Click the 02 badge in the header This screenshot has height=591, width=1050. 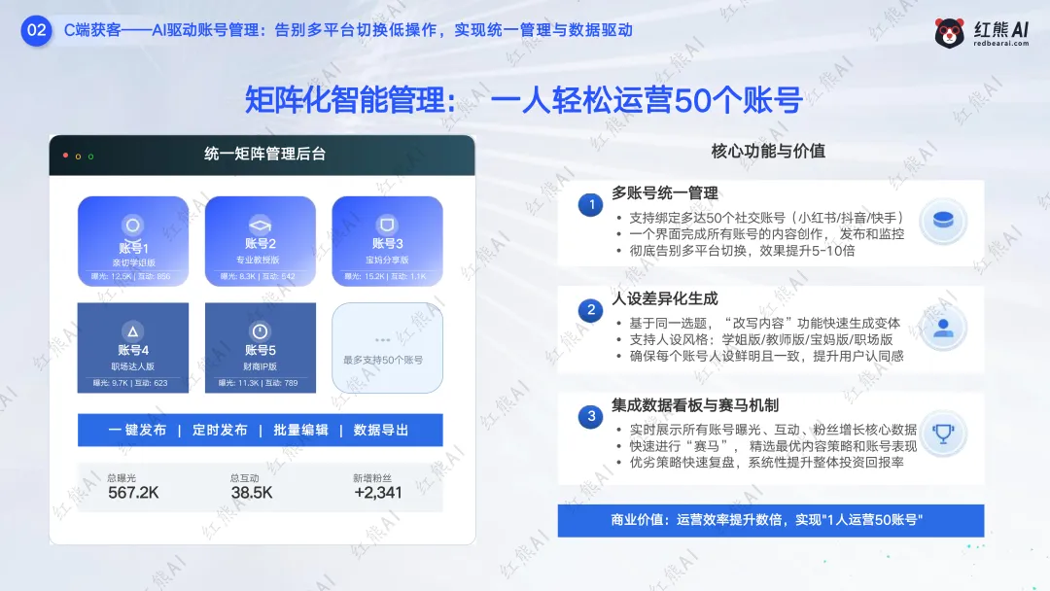pos(36,30)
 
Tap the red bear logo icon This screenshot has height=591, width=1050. pos(949,33)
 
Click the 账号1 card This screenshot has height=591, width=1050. pos(133,241)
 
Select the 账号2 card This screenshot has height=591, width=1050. pos(260,241)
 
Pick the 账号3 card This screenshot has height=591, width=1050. pos(387,241)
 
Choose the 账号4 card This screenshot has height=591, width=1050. pos(133,348)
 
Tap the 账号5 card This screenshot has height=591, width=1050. pos(260,348)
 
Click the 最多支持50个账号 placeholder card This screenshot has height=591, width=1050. pos(387,348)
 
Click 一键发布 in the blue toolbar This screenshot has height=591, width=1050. pos(137,430)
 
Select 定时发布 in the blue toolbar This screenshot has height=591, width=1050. pos(219,430)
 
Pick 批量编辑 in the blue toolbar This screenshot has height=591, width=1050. pos(300,430)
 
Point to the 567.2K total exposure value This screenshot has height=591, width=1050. pos(133,493)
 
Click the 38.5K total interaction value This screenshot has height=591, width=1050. pos(251,493)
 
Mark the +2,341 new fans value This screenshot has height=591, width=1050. pos(377,493)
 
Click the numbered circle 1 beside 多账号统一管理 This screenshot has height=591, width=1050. pos(590,205)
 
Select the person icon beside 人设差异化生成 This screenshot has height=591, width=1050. pos(942,327)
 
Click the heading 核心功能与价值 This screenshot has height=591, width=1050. pos(768,151)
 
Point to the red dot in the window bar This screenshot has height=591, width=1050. pos(66,156)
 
